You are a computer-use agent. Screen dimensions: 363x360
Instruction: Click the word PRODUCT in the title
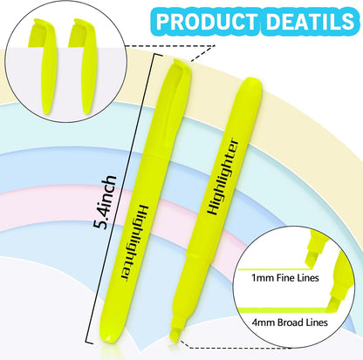tap(206, 21)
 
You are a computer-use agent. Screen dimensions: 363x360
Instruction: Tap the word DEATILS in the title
tap(310, 21)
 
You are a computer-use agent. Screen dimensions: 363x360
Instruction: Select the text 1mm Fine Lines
tap(285, 278)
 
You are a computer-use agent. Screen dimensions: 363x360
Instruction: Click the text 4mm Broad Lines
tap(290, 323)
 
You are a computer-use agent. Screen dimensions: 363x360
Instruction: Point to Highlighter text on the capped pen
tap(134, 242)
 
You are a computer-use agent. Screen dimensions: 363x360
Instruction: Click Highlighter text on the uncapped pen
tap(223, 177)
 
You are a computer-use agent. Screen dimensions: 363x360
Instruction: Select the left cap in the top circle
tap(45, 66)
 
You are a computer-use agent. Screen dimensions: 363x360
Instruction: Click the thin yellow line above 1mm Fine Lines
tap(273, 269)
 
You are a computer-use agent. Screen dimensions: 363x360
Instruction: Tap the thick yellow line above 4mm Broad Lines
tap(284, 310)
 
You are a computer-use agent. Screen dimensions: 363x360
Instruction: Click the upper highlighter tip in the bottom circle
tap(315, 251)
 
